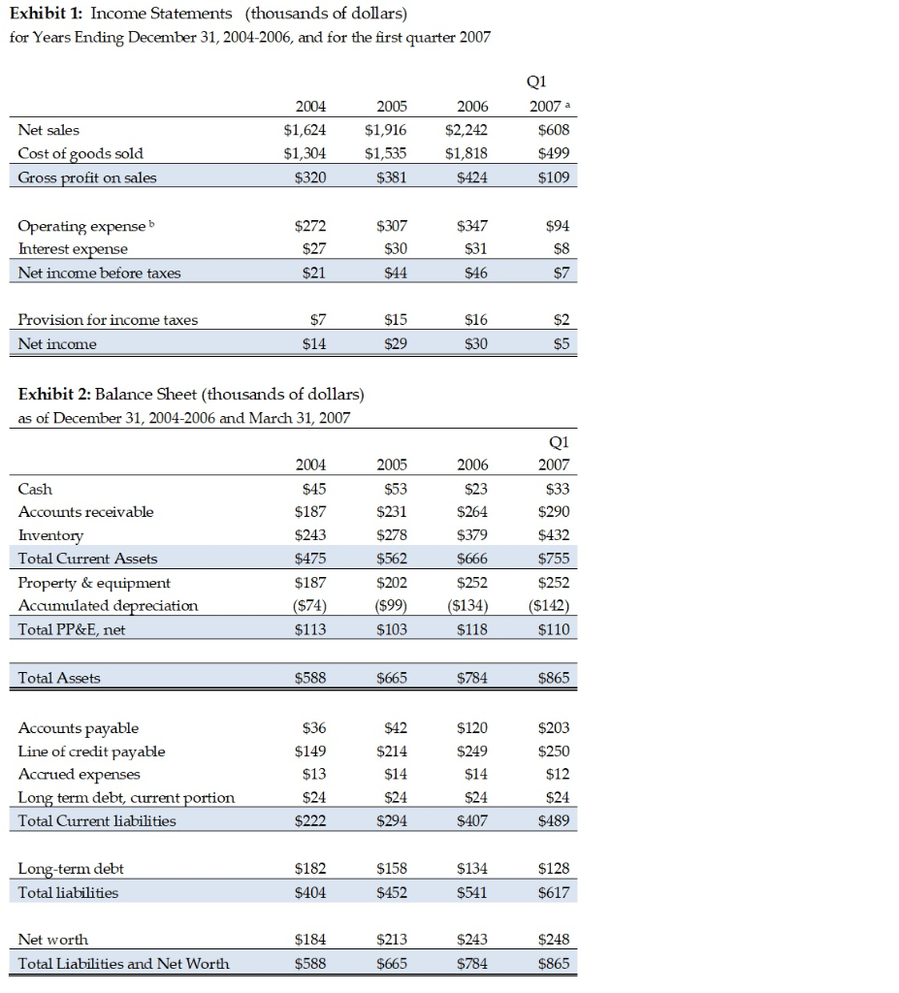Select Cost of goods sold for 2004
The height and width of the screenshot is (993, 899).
(304, 153)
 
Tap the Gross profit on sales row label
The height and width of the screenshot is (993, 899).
(87, 176)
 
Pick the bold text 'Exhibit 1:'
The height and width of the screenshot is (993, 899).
(49, 14)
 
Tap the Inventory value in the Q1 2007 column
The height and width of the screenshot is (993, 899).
(554, 535)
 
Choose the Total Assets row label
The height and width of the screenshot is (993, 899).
(59, 678)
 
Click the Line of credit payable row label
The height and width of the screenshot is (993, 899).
(92, 751)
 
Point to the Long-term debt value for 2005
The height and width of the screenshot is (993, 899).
(389, 868)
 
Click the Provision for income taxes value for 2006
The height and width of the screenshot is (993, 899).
(476, 320)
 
